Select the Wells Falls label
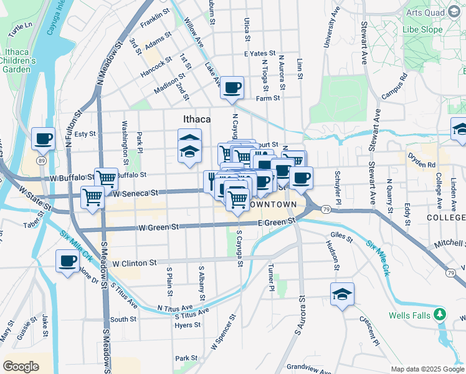409,315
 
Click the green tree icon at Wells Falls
440,314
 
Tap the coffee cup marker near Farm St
232,89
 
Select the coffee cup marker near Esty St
44,140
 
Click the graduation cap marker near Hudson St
342,294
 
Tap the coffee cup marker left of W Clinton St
67,262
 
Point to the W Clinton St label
134,263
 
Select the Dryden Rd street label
422,165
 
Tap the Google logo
21,367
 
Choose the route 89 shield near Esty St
41,161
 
